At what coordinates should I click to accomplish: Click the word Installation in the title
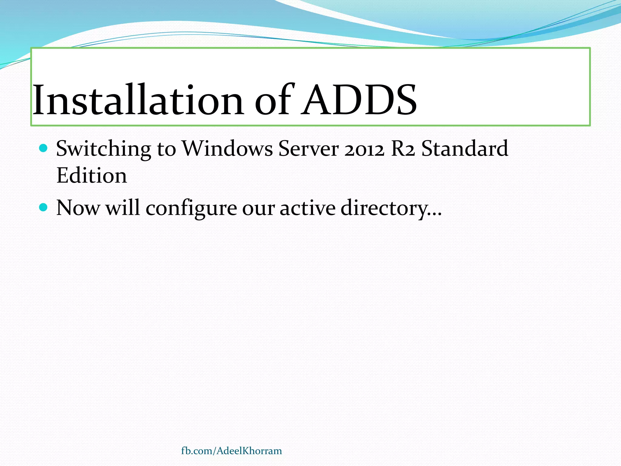[x=138, y=100]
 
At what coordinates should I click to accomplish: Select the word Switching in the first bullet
[x=103, y=149]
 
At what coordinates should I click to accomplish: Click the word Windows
[x=227, y=149]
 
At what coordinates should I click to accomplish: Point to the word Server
[x=308, y=149]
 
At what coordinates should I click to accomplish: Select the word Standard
[x=465, y=149]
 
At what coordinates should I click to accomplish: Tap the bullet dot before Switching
[x=44, y=148]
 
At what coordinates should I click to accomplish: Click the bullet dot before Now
[x=44, y=208]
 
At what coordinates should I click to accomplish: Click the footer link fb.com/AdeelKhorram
[x=231, y=451]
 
